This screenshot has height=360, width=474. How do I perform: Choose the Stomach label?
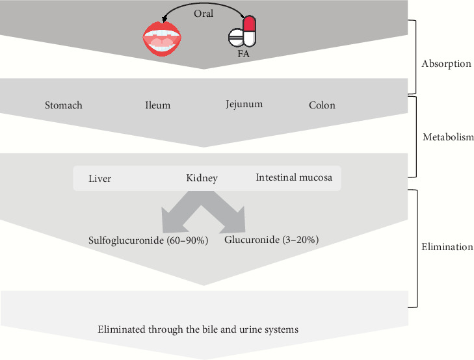[x=64, y=105]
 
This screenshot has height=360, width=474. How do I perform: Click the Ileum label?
[x=157, y=105]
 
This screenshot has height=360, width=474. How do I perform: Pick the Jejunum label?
[x=244, y=104]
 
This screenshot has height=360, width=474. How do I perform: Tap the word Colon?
[x=322, y=105]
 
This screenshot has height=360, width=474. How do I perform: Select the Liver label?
[x=99, y=179]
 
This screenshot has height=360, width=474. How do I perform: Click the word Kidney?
[x=202, y=178]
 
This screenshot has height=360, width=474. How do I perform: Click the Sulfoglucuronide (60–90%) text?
[x=148, y=240]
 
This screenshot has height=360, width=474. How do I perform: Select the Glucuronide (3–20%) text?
[x=271, y=240]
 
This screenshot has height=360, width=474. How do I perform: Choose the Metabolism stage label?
[x=448, y=138]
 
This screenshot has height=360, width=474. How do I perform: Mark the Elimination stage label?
[x=447, y=248]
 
